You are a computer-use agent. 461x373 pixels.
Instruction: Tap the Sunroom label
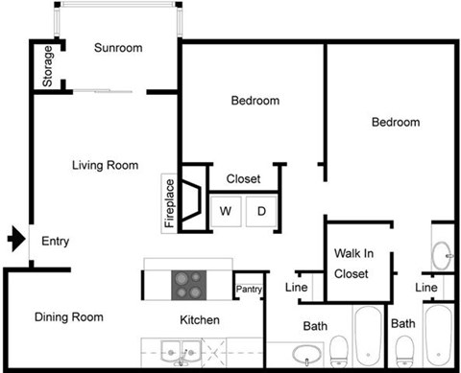(x=118, y=49)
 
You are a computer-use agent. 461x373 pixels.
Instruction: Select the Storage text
(x=48, y=67)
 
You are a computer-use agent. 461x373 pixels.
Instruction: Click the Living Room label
(x=105, y=165)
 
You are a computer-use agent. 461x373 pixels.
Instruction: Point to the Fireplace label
(x=170, y=204)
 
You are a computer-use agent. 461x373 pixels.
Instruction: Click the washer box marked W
(x=226, y=210)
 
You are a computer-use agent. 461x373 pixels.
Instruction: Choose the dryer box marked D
(x=260, y=210)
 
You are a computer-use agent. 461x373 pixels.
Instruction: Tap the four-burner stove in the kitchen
(x=187, y=284)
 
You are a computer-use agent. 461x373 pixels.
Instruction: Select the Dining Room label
(x=69, y=317)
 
